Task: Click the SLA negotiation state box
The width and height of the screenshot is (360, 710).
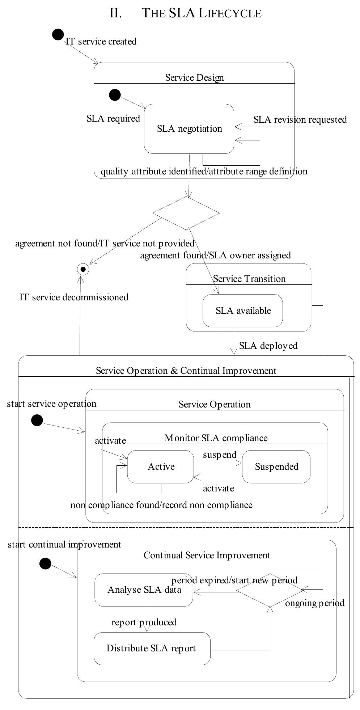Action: coord(189,129)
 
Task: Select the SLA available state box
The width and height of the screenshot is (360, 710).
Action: coord(242,311)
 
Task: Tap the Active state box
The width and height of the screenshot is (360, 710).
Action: coord(161,467)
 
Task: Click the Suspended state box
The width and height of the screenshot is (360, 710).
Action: coord(276,467)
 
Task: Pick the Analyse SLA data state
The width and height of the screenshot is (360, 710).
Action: coord(144,590)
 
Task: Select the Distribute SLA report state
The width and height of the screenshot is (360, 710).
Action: coord(152,648)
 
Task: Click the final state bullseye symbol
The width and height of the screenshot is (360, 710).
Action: coord(83,269)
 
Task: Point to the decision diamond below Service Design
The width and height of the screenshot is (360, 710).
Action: coord(186,213)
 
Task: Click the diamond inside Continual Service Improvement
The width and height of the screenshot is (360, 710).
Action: coord(270,590)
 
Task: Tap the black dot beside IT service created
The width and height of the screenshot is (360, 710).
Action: coord(58,35)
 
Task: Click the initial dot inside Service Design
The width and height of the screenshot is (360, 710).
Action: coord(115,95)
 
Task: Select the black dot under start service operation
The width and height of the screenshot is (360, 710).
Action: coord(37,420)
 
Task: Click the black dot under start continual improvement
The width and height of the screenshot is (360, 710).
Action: coord(45,563)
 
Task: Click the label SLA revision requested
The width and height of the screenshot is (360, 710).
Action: coord(300,120)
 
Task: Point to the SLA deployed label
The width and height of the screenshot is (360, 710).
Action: coord(268,346)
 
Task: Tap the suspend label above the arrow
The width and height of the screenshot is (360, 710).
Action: coord(220,455)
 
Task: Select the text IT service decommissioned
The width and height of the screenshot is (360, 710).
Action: coord(74,297)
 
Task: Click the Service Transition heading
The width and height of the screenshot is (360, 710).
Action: coord(249,279)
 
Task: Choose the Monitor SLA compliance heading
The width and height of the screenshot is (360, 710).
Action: coord(216,438)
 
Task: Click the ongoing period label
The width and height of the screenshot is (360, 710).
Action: coord(315,603)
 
